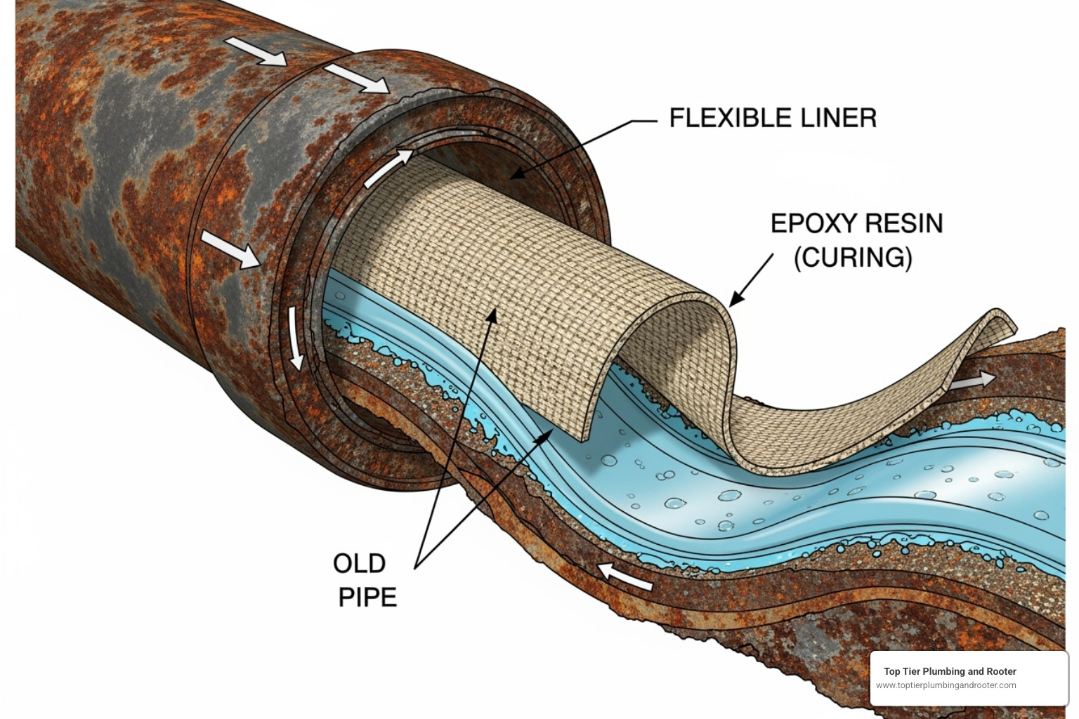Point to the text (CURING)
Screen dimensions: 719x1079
pos(853,258)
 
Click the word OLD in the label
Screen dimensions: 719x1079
pos(359,563)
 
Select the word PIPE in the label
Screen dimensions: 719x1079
pos(367,597)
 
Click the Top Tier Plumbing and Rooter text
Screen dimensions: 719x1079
pos(950,671)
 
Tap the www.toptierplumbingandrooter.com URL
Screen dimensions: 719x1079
pos(946,685)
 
